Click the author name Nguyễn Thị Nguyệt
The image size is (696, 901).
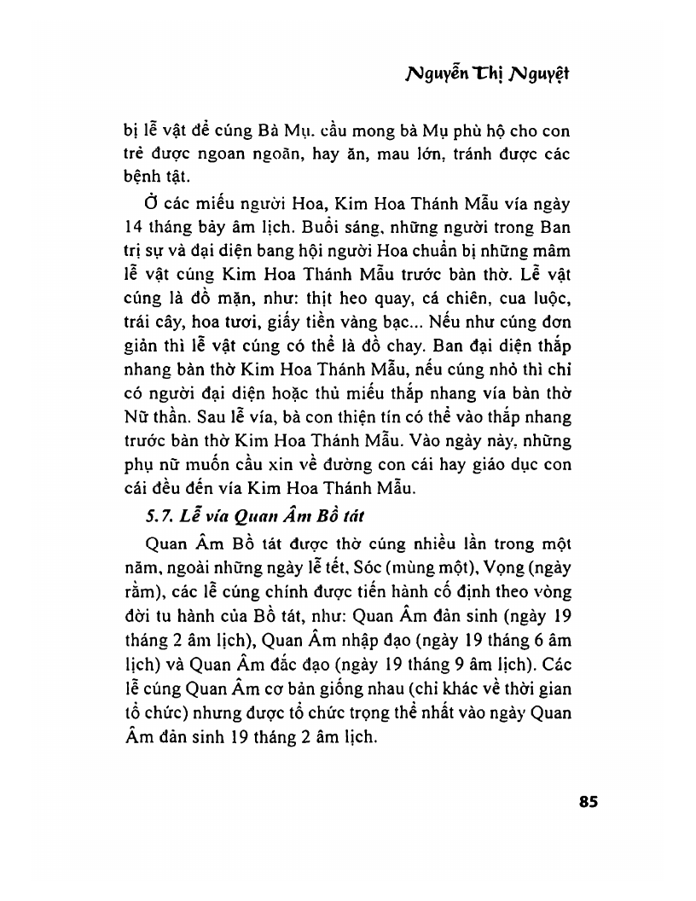pos(487,74)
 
